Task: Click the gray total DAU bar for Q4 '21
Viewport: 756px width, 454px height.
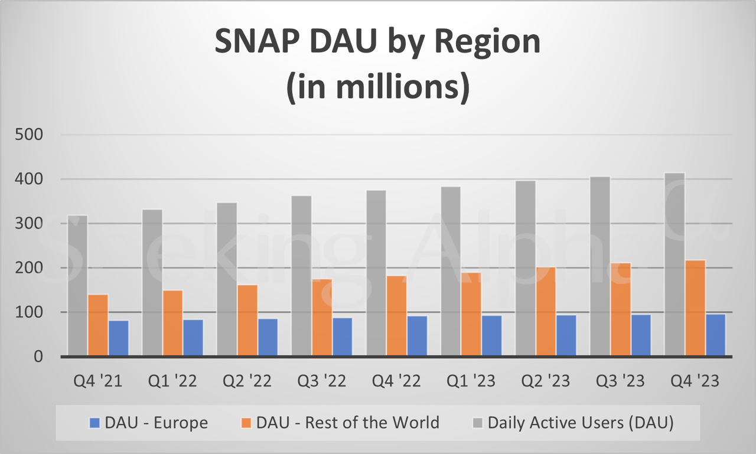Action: point(77,286)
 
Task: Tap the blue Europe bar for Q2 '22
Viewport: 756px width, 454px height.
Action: point(268,337)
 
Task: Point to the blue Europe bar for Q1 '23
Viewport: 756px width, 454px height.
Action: point(491,335)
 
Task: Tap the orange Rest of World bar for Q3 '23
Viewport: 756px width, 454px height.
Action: point(620,309)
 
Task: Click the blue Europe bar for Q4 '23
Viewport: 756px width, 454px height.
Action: point(715,335)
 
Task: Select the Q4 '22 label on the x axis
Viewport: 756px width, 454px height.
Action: point(396,381)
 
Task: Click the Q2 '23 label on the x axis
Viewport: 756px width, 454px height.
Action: point(545,381)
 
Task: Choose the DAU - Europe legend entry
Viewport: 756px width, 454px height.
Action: point(148,423)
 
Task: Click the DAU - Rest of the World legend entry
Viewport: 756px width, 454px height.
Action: point(342,423)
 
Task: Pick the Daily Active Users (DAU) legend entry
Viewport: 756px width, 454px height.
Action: point(573,423)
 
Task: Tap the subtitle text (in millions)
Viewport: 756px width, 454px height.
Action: point(378,87)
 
